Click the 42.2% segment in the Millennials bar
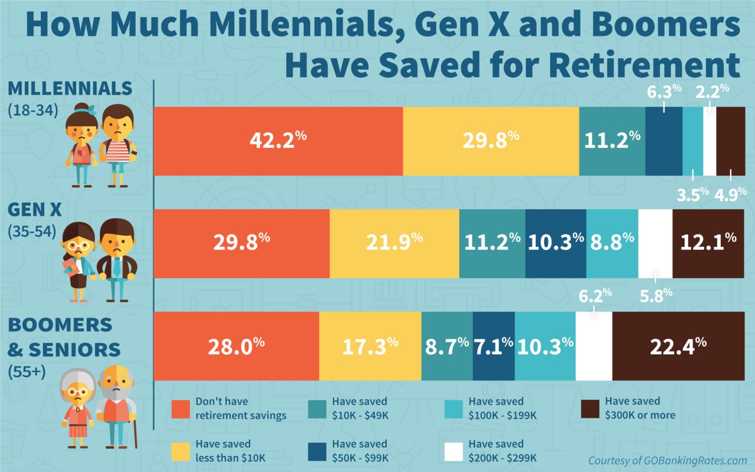click(278, 141)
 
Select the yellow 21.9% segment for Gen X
click(394, 243)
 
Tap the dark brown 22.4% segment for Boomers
click(678, 346)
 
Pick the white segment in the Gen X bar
click(655, 243)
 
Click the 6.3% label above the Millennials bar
click(664, 91)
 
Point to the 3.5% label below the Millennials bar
click(692, 195)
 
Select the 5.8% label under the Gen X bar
click(656, 296)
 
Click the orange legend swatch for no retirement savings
click(180, 409)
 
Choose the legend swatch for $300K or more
click(590, 409)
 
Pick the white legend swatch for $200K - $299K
click(453, 451)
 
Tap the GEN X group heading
click(34, 210)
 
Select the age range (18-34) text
click(33, 110)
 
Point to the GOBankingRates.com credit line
click(667, 461)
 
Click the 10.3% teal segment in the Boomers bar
click(545, 346)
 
